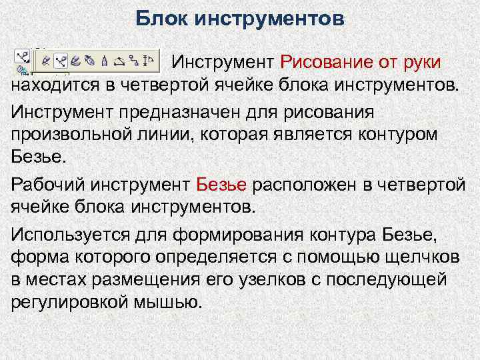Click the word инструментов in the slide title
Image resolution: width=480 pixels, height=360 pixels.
(269, 18)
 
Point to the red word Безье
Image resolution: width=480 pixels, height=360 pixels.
(223, 183)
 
